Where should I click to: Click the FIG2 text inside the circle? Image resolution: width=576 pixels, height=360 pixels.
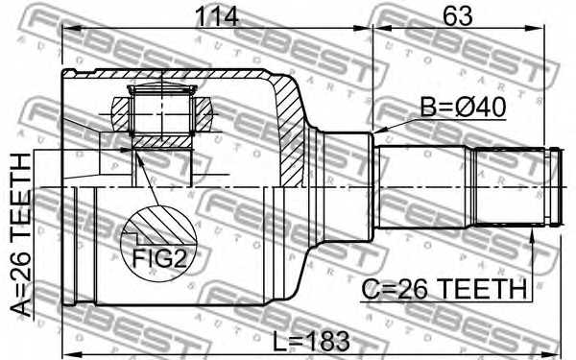click(x=158, y=256)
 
